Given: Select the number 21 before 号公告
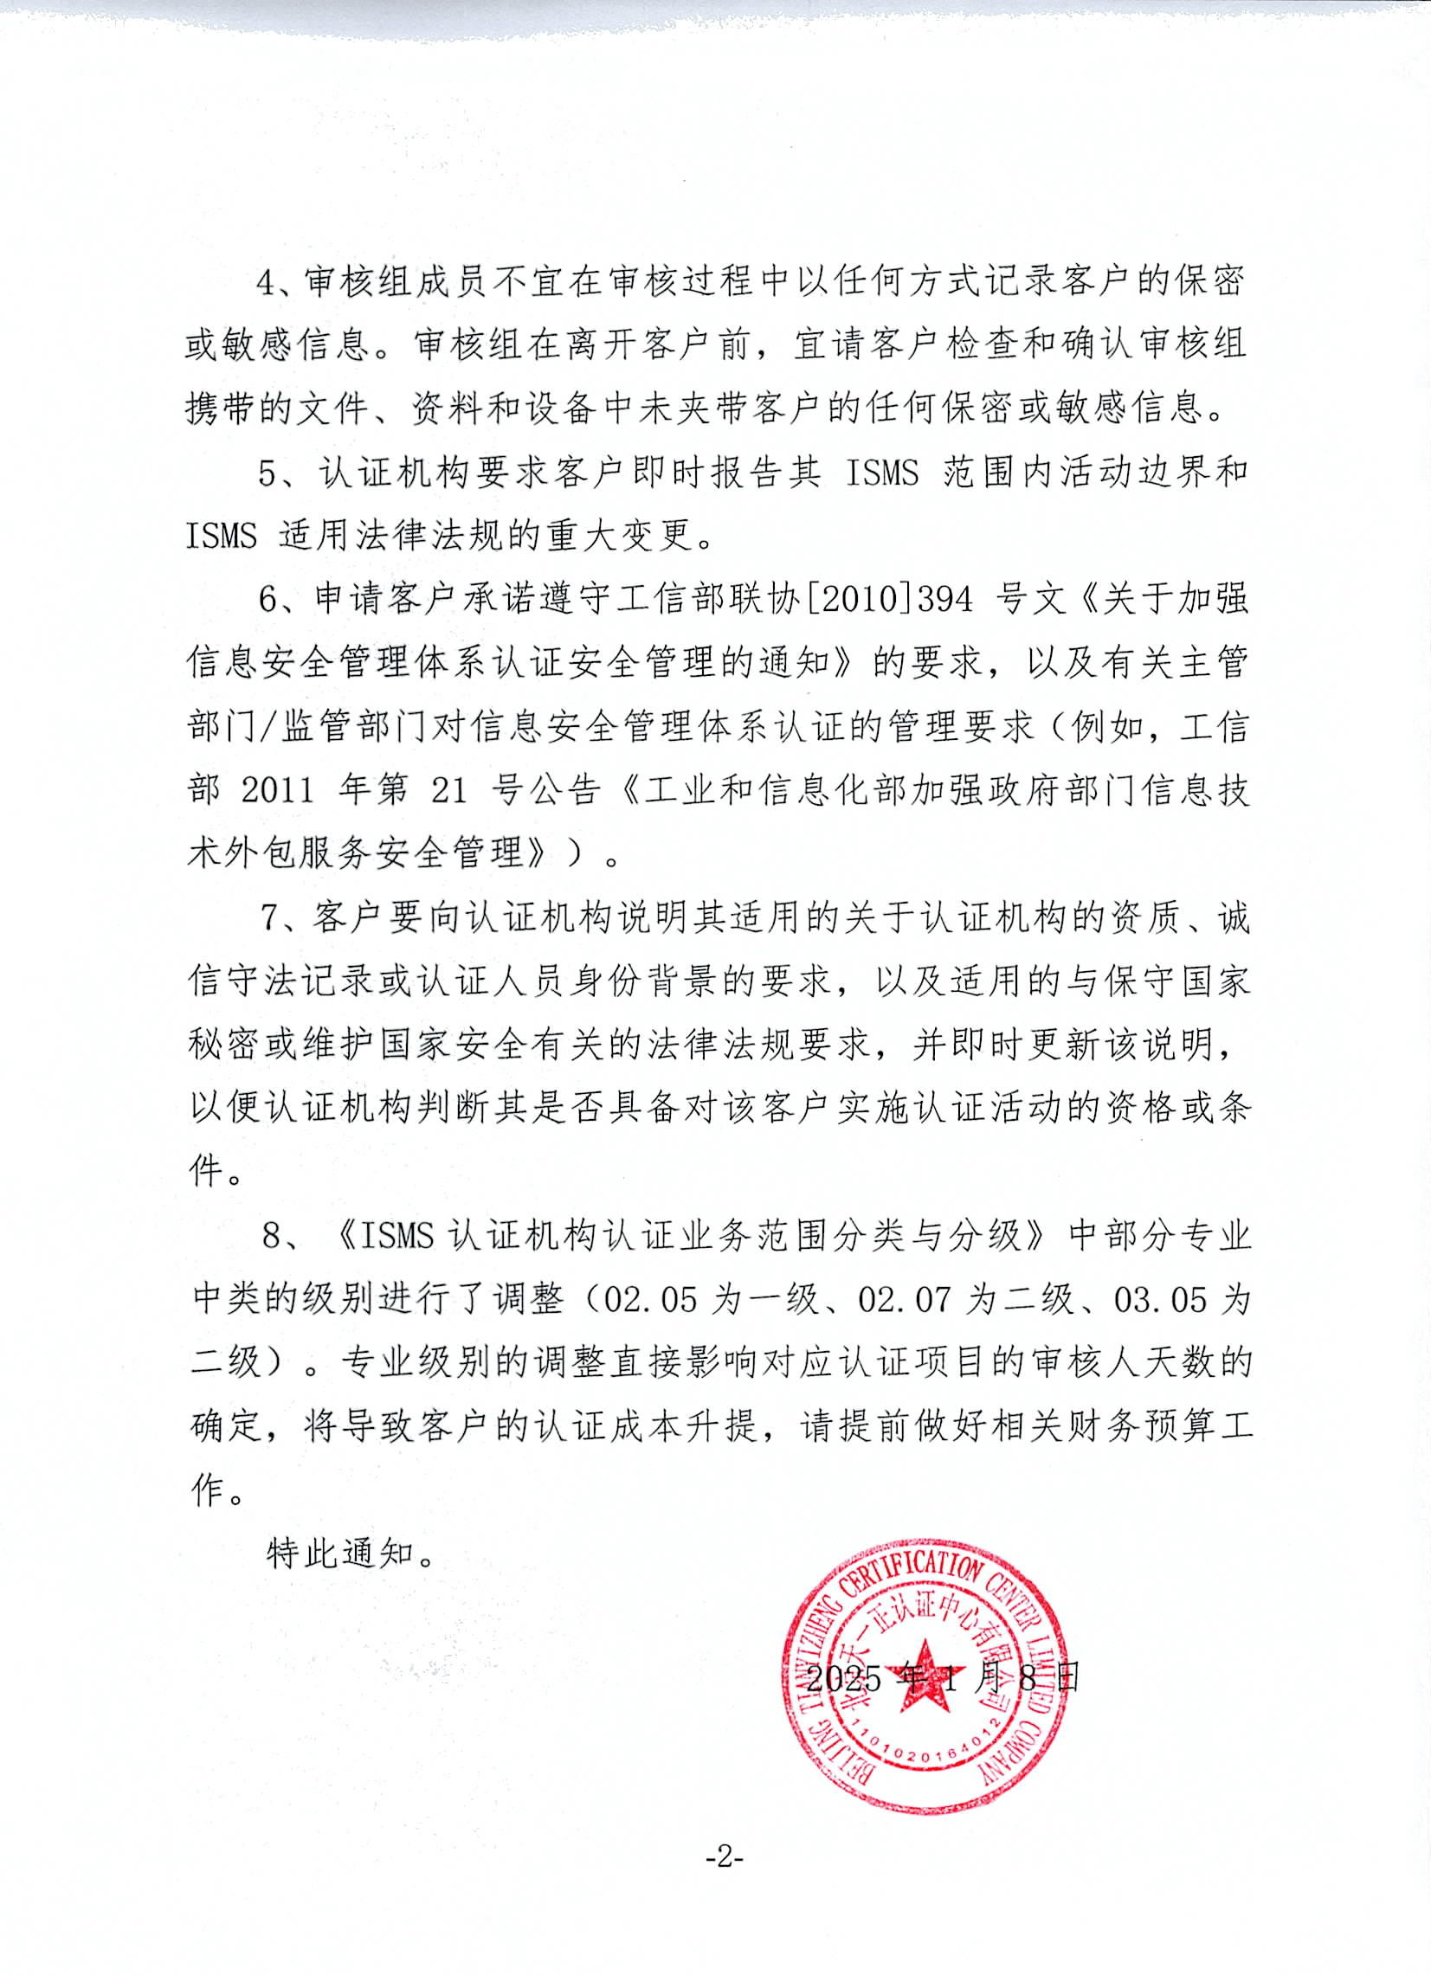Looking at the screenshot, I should (x=449, y=790).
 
